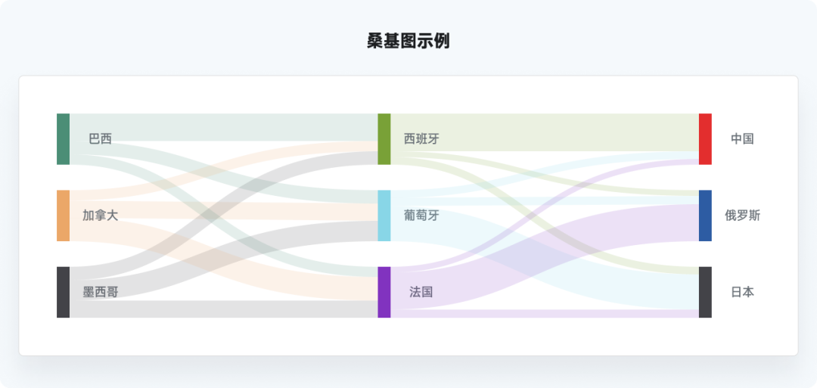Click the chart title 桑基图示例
coord(408,41)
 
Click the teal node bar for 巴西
coord(64,138)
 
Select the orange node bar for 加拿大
coord(64,216)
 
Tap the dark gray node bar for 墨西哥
coord(64,292)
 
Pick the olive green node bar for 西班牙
coord(384,138)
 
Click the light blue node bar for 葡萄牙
coord(384,216)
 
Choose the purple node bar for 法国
coord(384,292)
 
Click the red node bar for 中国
coord(705,138)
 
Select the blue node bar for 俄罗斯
coord(705,216)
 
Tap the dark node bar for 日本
coord(705,292)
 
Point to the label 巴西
coord(100,139)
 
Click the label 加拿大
coord(100,216)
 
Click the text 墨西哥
coord(100,292)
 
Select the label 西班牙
coord(421,139)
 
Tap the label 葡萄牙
coord(421,216)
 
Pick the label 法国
coord(421,292)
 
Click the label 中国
coord(742,139)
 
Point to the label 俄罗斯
coord(742,216)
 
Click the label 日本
coord(742,292)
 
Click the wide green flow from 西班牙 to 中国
coord(545,132)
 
